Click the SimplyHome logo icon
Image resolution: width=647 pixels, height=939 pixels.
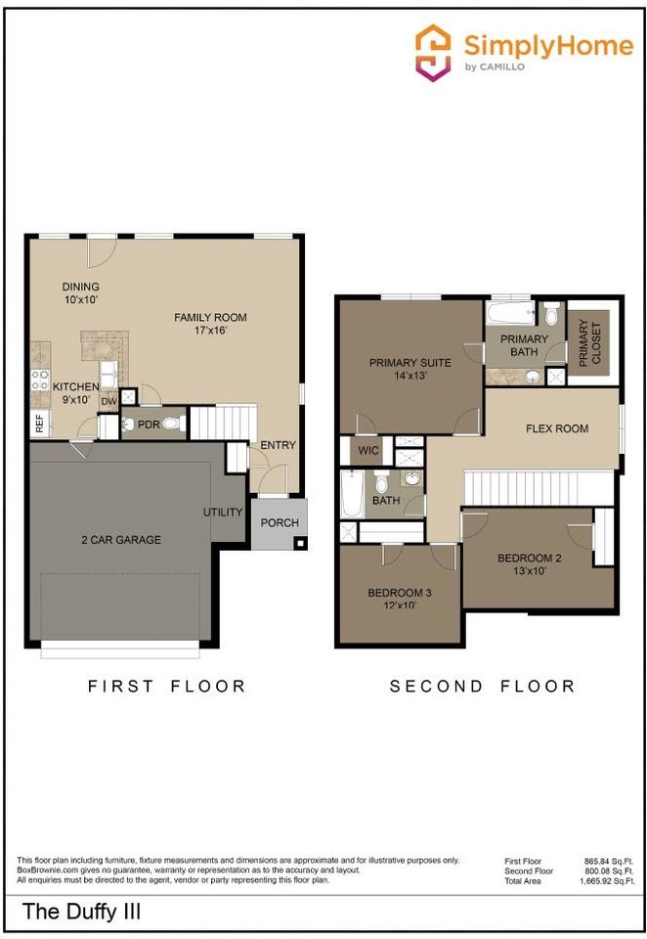(433, 52)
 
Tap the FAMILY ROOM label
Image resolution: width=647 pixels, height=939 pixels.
(210, 317)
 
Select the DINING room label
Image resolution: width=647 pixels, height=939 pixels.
(81, 287)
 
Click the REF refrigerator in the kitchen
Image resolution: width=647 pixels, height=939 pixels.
(40, 424)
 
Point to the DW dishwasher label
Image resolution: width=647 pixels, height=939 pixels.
(108, 402)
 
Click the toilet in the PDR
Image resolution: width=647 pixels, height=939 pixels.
(172, 424)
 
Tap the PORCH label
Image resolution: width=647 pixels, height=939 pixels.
(280, 522)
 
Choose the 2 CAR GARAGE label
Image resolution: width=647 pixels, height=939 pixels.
(121, 540)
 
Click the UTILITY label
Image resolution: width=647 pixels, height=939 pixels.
(223, 512)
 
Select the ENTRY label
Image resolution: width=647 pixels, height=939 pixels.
(278, 445)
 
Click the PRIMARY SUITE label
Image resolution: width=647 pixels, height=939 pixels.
(410, 362)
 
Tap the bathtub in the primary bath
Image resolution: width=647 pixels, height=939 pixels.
(509, 312)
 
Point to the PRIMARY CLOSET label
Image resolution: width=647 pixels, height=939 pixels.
(589, 342)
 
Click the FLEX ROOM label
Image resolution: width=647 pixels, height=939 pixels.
(557, 428)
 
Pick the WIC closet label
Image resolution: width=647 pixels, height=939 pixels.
(368, 450)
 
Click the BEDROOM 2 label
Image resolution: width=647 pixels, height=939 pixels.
(529, 559)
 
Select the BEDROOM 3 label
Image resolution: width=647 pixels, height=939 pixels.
(399, 593)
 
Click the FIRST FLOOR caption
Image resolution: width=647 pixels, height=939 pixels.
(167, 686)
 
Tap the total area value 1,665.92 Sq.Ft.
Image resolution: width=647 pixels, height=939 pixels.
(607, 881)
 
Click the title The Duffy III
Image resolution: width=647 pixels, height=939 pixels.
(81, 912)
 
